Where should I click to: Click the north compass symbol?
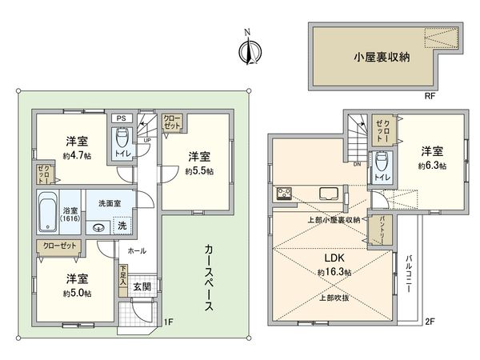(x=247, y=50)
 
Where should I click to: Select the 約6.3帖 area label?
(x=431, y=166)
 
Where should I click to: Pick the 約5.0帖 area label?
(x=77, y=293)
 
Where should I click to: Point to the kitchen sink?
(x=329, y=193)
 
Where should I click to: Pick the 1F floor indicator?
(x=168, y=322)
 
